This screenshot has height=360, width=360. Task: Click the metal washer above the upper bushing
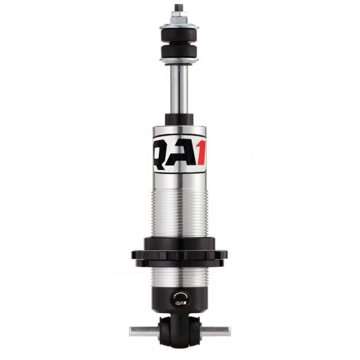click(x=179, y=26)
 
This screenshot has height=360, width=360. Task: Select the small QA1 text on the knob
click(x=180, y=303)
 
